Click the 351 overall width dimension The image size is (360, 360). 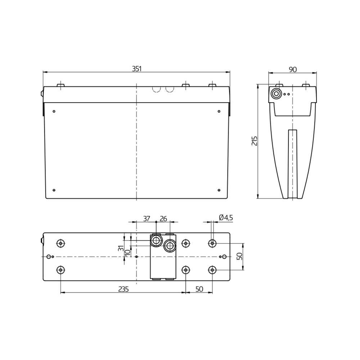coord(136,69)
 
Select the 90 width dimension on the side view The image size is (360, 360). coord(293,69)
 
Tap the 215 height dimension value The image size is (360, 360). coord(255,141)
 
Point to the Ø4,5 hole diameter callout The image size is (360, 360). coord(226,217)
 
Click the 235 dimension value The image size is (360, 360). coord(123,289)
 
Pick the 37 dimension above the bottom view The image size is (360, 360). coord(147,219)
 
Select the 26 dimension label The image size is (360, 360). coord(163,219)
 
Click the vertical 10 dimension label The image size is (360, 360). coord(127,253)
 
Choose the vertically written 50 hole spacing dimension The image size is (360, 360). coord(239,256)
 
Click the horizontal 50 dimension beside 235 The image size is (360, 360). coord(199,289)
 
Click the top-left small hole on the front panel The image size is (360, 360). coord(54,111)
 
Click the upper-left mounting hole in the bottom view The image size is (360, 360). coord(61,243)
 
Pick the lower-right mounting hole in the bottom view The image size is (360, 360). coord(212,270)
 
